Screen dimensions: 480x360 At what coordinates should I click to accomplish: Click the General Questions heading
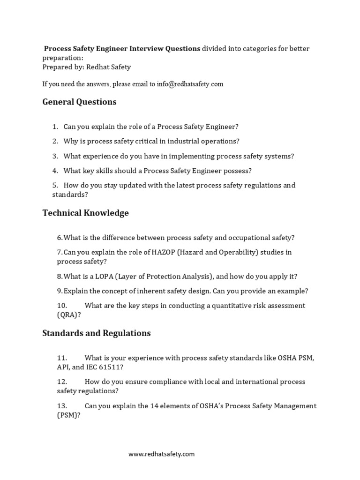coord(79,102)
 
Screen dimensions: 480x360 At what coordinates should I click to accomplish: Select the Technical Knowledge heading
coord(85,213)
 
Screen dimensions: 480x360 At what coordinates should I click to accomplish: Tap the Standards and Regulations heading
coord(97,333)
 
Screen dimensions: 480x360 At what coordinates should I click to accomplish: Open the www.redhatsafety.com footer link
coord(162,454)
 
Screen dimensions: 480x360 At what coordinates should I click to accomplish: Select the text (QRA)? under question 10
coord(68,315)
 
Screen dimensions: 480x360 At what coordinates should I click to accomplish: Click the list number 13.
coord(62,406)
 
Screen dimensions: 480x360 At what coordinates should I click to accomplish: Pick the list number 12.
coord(62,382)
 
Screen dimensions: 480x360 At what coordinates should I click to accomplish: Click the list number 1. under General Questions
coord(55,127)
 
